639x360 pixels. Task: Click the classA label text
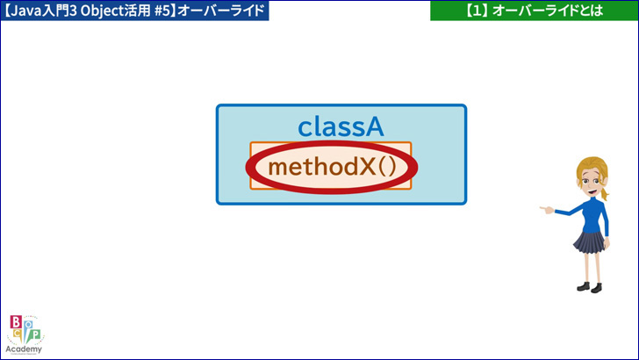[341, 126]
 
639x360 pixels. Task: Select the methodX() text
[332, 167]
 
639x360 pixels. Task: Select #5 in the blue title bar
[162, 11]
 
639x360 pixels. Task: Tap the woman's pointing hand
[547, 210]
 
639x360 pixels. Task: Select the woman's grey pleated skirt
[590, 241]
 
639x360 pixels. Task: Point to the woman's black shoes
[590, 287]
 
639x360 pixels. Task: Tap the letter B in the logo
[16, 322]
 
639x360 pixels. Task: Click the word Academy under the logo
[24, 349]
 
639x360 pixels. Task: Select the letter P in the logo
[35, 335]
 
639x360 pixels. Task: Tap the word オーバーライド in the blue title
[221, 11]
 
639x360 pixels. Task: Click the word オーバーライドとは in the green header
[548, 11]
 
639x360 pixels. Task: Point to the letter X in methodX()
[367, 167]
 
